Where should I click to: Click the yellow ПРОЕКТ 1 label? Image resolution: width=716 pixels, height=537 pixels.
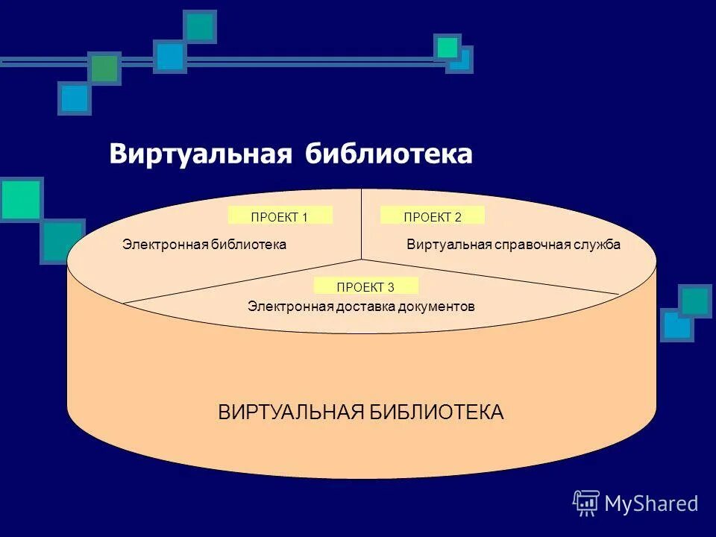pos(280,216)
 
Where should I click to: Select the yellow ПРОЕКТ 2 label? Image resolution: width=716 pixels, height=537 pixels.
pos(433,216)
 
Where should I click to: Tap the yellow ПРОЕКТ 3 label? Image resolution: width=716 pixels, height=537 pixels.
pos(365,286)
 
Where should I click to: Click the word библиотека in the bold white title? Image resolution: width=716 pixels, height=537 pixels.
pos(389,154)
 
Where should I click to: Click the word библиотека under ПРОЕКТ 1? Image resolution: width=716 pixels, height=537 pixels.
pos(251,245)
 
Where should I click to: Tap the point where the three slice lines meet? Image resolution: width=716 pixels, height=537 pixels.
pos(362,260)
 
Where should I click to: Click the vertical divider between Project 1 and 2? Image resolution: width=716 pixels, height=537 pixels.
pos(362,224)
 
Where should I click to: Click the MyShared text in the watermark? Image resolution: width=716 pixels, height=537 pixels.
pos(651,503)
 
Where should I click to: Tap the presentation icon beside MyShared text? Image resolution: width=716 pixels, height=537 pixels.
pos(586,503)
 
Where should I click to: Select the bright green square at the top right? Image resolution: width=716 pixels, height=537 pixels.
pos(447,47)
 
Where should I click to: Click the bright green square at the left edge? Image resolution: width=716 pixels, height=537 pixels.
pos(20,199)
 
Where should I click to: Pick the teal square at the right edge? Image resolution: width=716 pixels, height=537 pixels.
pos(695,301)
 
